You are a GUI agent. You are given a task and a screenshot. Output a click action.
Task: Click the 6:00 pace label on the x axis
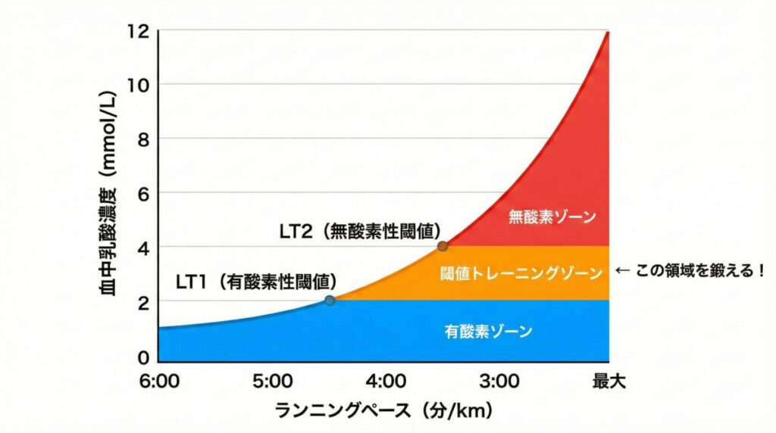[160, 381]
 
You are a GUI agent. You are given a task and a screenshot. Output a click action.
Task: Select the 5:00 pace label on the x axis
[274, 381]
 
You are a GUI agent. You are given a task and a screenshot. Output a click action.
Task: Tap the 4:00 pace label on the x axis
[386, 381]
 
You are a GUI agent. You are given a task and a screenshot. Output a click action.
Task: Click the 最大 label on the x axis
[609, 381]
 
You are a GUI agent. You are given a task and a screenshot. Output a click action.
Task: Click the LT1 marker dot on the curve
[330, 301]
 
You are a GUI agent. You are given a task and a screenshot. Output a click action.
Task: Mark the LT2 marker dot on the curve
[443, 246]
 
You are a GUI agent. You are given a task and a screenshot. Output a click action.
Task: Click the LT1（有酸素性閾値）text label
[256, 282]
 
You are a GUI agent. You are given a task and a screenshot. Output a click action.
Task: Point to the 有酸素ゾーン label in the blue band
[488, 331]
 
